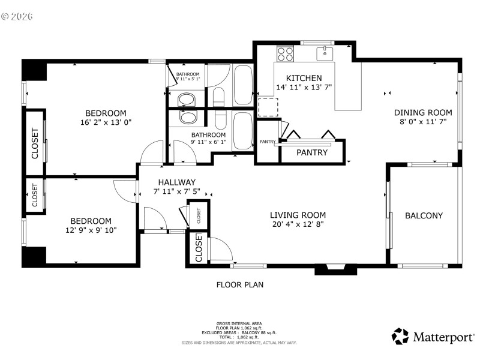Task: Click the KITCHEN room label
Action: click(304, 78)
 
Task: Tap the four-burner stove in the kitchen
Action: click(284, 53)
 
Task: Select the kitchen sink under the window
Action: click(325, 53)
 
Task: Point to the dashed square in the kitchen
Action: click(268, 107)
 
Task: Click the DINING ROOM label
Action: click(422, 112)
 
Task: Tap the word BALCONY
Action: click(424, 216)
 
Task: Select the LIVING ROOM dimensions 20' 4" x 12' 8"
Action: click(298, 225)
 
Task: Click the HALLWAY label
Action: click(176, 182)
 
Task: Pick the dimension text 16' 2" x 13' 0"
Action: click(106, 122)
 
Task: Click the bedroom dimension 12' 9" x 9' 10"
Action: click(91, 230)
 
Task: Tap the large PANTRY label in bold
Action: click(312, 152)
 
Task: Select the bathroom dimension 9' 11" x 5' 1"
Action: click(187, 79)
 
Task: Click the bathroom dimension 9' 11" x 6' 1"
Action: click(208, 143)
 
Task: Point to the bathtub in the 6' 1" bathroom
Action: click(244, 130)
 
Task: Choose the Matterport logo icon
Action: click(400, 336)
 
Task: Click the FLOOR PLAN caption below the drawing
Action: click(239, 285)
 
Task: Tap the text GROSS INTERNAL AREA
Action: click(239, 323)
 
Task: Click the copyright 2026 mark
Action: click(17, 16)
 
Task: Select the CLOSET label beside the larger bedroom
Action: click(35, 143)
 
